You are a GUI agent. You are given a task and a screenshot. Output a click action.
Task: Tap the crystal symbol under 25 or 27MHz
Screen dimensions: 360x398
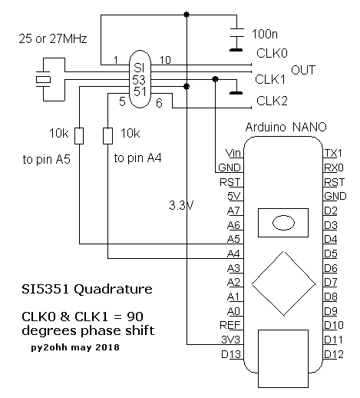tap(43, 80)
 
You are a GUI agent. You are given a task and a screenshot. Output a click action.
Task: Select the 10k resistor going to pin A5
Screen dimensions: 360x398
tap(79, 136)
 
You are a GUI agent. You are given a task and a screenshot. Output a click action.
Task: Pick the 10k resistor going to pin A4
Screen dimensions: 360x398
tap(107, 136)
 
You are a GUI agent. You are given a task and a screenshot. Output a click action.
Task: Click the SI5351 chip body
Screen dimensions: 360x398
tap(140, 79)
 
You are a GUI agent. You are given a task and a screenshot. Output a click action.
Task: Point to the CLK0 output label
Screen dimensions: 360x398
tap(272, 53)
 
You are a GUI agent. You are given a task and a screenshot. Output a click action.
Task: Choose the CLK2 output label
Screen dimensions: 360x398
tap(272, 101)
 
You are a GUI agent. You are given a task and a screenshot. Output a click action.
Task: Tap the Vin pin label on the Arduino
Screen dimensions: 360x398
tap(233, 153)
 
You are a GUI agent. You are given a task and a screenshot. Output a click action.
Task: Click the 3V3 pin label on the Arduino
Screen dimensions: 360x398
tap(230, 340)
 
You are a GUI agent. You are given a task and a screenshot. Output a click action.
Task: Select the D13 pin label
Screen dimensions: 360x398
tap(231, 354)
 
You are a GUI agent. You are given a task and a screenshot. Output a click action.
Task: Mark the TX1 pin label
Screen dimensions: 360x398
tap(333, 153)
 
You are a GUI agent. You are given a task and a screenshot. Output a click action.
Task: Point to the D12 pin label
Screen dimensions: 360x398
tap(334, 354)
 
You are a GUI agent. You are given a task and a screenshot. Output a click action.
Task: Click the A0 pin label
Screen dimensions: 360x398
tap(233, 311)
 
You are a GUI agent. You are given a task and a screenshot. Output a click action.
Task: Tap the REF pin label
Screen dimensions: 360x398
tap(230, 325)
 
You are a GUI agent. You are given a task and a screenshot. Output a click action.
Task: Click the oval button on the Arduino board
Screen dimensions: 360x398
tap(283, 223)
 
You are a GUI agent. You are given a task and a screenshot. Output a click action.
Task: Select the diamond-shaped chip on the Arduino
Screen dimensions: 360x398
tap(284, 284)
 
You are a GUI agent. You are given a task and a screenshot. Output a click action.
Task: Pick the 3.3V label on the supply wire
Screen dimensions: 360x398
tap(181, 205)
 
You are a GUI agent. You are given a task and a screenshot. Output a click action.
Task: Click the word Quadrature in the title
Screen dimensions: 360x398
tap(113, 290)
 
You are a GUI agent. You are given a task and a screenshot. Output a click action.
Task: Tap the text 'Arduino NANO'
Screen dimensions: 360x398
tap(286, 127)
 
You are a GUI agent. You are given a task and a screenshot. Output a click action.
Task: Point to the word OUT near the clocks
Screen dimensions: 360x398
tap(303, 70)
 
